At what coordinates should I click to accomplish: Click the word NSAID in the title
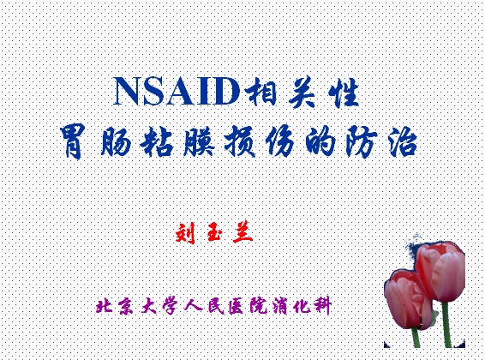[177, 91]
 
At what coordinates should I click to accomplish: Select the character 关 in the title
[302, 93]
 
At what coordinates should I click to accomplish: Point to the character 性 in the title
[344, 93]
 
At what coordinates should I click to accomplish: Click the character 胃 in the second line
[73, 141]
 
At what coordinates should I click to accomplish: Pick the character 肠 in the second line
[117, 141]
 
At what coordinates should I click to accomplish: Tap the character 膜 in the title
[198, 141]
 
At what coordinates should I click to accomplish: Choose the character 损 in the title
[240, 141]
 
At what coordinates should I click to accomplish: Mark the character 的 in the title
[321, 141]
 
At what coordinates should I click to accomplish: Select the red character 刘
[186, 232]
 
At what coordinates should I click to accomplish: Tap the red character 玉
[214, 232]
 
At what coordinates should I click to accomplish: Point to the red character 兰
[242, 232]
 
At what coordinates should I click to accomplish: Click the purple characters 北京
[115, 307]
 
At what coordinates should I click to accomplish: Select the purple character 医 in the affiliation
[237, 307]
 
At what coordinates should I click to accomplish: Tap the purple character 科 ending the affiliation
[322, 307]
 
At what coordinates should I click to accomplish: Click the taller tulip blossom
[440, 271]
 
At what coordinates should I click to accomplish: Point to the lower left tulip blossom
[408, 298]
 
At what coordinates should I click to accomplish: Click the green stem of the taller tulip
[446, 325]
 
